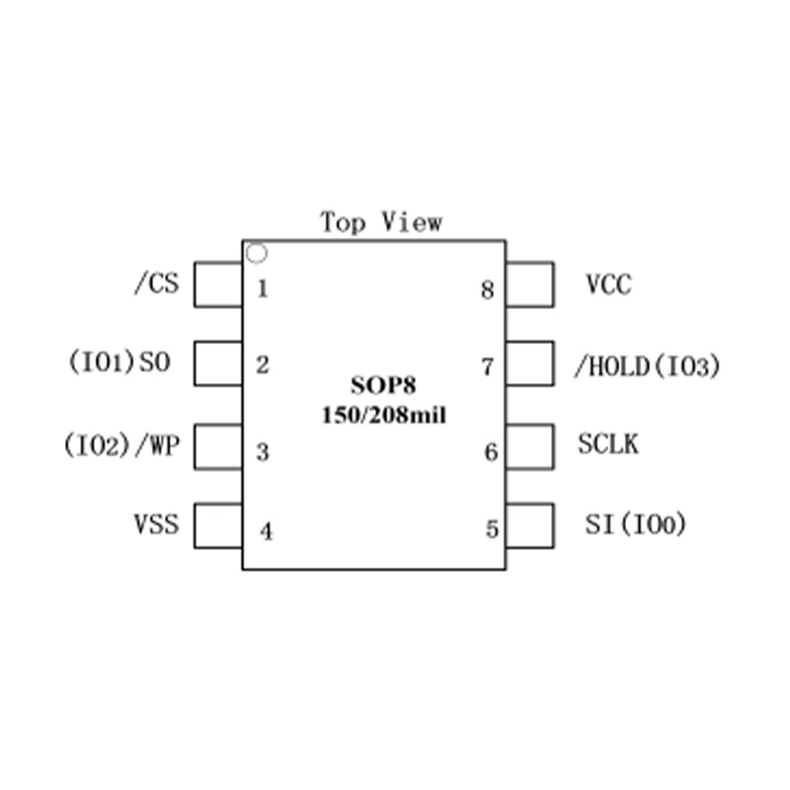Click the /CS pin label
click(x=157, y=283)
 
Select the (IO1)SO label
click(x=119, y=361)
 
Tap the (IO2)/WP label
click(x=121, y=445)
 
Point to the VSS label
click(x=156, y=524)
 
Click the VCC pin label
click(x=608, y=284)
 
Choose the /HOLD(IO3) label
click(x=648, y=366)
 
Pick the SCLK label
click(x=608, y=444)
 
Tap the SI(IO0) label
click(x=635, y=524)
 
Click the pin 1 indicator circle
click(x=257, y=245)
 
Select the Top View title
click(x=381, y=222)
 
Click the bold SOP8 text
click(x=383, y=385)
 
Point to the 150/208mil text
click(x=384, y=416)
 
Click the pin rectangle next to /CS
click(x=218, y=284)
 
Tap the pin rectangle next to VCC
click(x=530, y=284)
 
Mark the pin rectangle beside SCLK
click(x=530, y=447)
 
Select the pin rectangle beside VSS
click(x=218, y=525)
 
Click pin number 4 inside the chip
click(x=267, y=531)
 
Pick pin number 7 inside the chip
click(x=487, y=366)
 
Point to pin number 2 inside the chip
click(x=263, y=364)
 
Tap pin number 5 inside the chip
click(x=492, y=529)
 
